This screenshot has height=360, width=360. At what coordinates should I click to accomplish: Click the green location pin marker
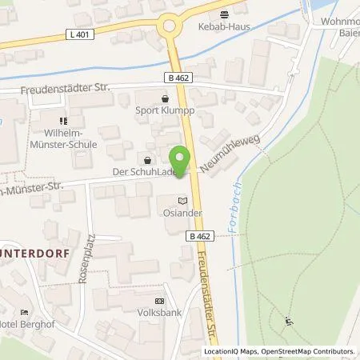click(x=182, y=161)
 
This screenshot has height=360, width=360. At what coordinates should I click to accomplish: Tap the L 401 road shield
click(x=77, y=34)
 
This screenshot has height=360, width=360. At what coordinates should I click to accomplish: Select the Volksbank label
click(x=158, y=312)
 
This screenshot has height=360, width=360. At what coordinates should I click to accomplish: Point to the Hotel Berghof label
click(x=32, y=323)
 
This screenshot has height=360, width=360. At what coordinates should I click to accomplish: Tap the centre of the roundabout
click(x=170, y=26)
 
